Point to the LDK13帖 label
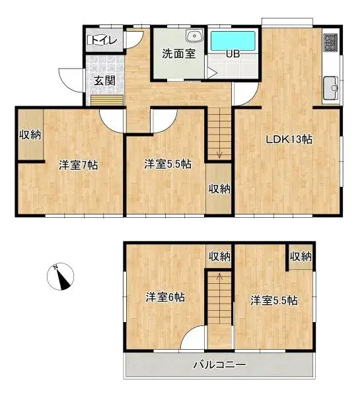[x=289, y=139]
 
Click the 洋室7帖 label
[x=79, y=165]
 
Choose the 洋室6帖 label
[x=165, y=297]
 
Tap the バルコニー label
[x=219, y=364]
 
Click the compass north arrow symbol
[x=63, y=277]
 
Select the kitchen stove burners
[x=330, y=44]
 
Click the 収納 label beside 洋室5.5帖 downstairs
[x=220, y=189]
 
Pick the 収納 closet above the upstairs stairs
[x=219, y=256]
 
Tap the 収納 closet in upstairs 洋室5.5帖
[x=301, y=256]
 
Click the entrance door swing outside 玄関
[x=70, y=79]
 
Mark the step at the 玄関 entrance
[x=106, y=100]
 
